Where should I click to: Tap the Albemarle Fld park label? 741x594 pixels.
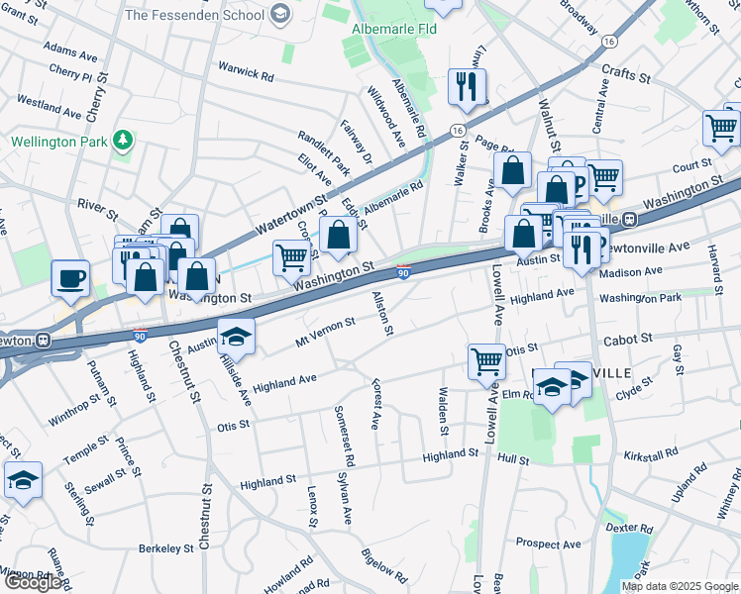393,30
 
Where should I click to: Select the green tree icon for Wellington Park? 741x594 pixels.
123,141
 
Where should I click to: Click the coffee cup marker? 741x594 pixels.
70,279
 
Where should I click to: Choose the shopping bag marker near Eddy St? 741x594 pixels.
339,236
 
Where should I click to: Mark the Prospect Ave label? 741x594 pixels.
548,544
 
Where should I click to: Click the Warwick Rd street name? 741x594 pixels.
246,74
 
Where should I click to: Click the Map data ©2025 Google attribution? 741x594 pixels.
680,586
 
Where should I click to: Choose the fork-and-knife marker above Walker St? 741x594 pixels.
467,86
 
